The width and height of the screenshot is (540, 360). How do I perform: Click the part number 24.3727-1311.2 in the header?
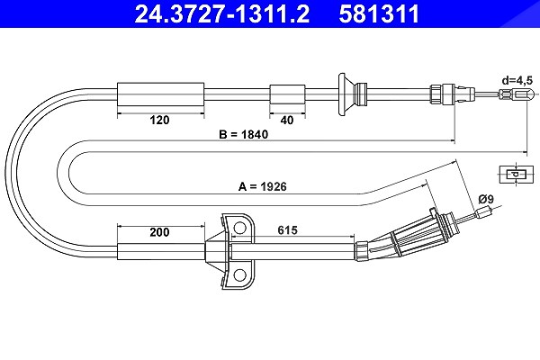pos(221,13)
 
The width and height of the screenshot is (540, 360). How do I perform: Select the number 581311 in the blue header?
pos(379,13)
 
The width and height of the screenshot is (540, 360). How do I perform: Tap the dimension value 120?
pos(159,120)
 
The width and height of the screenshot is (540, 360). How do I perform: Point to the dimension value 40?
pos(287,120)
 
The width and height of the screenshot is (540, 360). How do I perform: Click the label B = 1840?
pos(244,134)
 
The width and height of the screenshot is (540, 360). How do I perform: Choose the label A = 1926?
pos(263,186)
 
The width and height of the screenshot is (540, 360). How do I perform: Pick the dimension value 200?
pos(159,232)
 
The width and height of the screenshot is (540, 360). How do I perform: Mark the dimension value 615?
pos(287,230)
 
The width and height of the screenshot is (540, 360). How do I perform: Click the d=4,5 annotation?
pos(517,81)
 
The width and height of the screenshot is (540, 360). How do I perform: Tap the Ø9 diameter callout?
pos(486,199)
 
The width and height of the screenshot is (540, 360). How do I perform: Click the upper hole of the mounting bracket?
pos(239,228)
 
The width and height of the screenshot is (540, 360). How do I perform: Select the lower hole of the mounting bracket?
pos(239,274)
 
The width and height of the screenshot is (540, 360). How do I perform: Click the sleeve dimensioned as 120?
pos(161,94)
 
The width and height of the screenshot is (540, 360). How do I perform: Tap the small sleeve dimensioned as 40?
pos(287,94)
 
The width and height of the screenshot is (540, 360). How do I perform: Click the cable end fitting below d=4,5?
pos(517,94)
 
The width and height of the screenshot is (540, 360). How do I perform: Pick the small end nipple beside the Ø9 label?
pos(482,212)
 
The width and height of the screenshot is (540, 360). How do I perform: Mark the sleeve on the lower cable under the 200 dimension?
pos(161,251)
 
